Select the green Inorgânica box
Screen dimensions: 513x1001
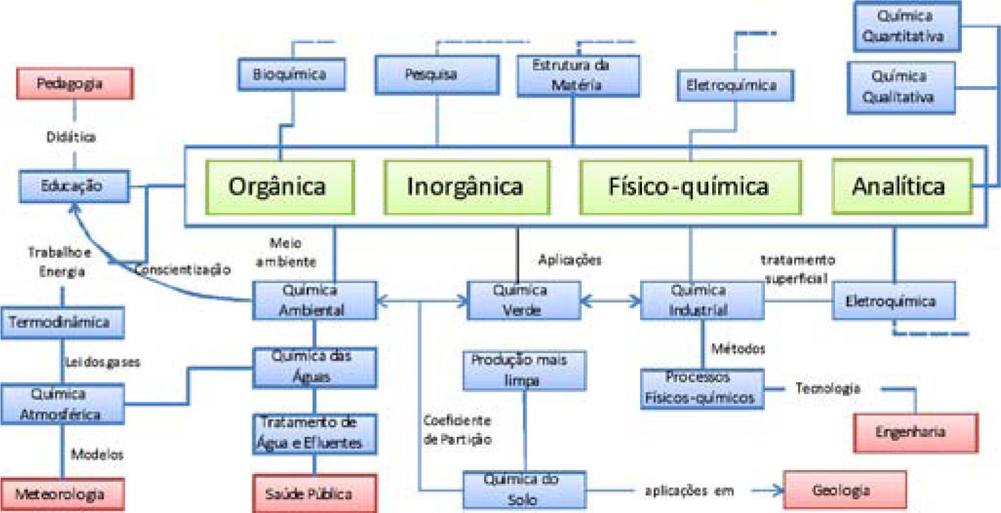[x=464, y=187]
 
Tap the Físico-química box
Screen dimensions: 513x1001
[x=689, y=187]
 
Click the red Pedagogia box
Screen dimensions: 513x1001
[x=75, y=83]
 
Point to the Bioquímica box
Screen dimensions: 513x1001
[x=289, y=74]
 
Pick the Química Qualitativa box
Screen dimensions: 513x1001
[x=900, y=87]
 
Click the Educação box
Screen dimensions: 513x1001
[x=73, y=186]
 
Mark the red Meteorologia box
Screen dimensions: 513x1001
[x=60, y=495]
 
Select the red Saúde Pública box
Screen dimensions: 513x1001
[x=314, y=494]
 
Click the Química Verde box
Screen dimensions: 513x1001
[x=524, y=300]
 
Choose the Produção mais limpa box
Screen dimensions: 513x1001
[x=524, y=370]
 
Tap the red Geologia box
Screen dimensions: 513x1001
[x=844, y=490]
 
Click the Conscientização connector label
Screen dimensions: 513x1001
[x=182, y=269]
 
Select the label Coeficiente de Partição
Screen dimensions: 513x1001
[x=457, y=430]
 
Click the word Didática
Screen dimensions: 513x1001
[x=71, y=137]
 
